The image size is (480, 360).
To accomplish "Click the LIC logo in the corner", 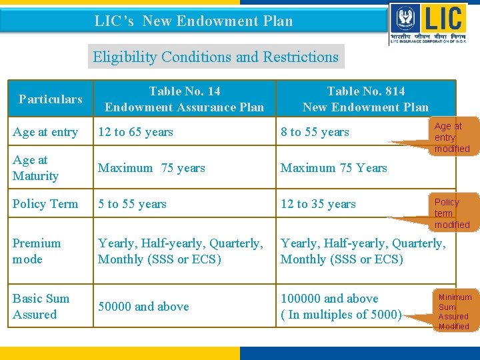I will tap(430, 23).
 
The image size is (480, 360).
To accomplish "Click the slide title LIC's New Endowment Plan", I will tap(193, 21).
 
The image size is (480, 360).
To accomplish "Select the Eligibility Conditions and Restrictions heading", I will tap(215, 57).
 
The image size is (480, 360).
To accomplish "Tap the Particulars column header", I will tap(51, 99).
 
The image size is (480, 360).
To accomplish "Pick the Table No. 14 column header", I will tap(185, 99).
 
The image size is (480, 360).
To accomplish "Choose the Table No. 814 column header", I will tap(365, 99).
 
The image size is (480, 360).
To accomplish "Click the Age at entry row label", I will tap(45, 132).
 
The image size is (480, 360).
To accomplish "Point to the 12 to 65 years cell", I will tap(135, 132).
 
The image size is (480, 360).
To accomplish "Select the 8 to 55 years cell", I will tap(315, 132).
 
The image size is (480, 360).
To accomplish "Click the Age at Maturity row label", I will tap(35, 168).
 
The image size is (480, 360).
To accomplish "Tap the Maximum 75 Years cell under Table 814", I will tap(333, 168).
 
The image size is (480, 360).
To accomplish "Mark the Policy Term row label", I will tap(45, 204).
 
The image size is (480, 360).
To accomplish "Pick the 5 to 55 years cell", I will tap(132, 204).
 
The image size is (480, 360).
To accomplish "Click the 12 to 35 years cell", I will tap(318, 204).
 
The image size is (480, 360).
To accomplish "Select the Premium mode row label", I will tap(37, 251).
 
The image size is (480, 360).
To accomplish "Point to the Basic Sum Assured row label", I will tap(41, 307).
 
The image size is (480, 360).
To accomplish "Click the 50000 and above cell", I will tap(143, 307).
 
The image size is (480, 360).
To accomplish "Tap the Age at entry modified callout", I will tap(451, 137).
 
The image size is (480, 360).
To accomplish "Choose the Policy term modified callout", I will tap(451, 213).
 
